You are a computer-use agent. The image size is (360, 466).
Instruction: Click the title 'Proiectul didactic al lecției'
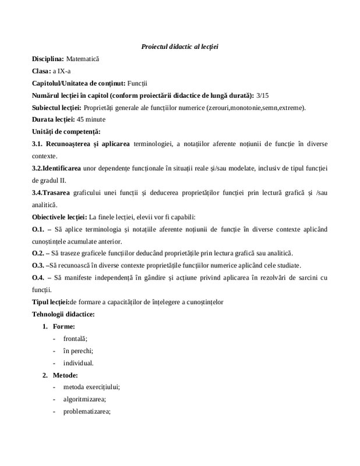click(179, 46)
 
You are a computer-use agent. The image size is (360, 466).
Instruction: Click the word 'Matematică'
click(83, 59)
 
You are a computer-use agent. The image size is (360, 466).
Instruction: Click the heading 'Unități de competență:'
click(66, 132)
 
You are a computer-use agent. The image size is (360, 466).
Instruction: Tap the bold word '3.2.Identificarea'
click(57, 168)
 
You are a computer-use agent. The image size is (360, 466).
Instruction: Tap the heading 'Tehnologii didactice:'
click(63, 315)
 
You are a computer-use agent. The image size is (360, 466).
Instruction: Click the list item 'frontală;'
click(76, 339)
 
